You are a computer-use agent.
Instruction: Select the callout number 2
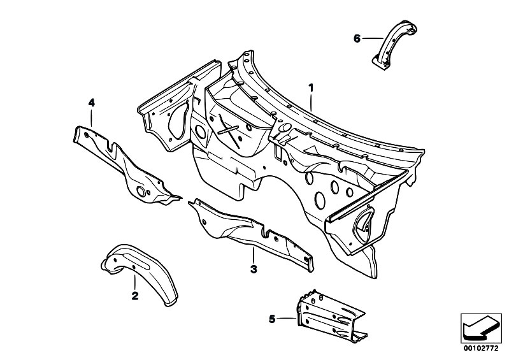click(134, 296)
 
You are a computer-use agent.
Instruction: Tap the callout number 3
click(254, 269)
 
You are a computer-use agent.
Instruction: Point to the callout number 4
click(92, 103)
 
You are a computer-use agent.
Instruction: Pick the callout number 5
click(272, 319)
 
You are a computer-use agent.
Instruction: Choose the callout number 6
click(357, 39)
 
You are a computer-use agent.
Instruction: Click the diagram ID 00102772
click(481, 349)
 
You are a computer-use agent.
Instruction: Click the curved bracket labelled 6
click(394, 45)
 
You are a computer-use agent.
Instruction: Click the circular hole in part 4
click(141, 192)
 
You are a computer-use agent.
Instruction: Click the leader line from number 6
click(373, 39)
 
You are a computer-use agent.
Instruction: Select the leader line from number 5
click(287, 319)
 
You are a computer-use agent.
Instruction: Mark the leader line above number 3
click(254, 255)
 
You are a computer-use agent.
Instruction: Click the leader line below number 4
click(92, 118)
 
